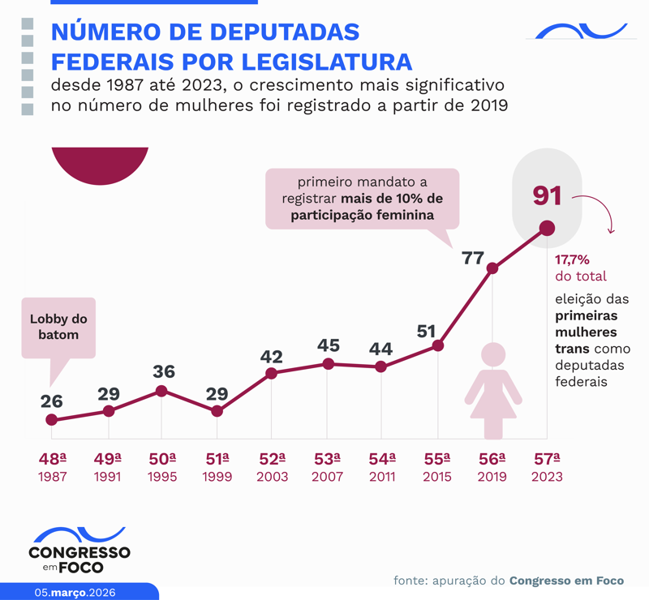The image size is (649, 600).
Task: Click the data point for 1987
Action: (52, 420)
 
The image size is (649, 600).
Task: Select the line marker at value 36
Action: (161, 391)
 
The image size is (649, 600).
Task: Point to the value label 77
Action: (473, 259)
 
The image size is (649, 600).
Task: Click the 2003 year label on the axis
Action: (272, 477)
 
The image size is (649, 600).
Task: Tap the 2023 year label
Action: (546, 477)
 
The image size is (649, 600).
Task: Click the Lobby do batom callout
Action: (58, 326)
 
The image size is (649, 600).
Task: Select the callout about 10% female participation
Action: (363, 198)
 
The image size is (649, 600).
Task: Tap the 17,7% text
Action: (572, 260)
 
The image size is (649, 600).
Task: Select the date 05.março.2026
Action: (75, 592)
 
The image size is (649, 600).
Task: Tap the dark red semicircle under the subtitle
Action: (100, 165)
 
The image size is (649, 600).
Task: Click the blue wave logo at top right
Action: (577, 31)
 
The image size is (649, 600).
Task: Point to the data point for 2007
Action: (328, 364)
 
